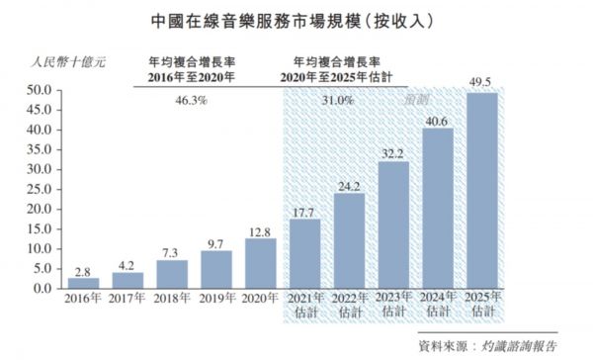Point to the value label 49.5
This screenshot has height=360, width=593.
tap(481, 83)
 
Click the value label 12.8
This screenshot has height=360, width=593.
tap(261, 230)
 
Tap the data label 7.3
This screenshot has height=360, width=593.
tap(172, 252)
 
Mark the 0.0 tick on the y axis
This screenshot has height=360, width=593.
tap(41, 289)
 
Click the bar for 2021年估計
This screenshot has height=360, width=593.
tap(305, 253)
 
